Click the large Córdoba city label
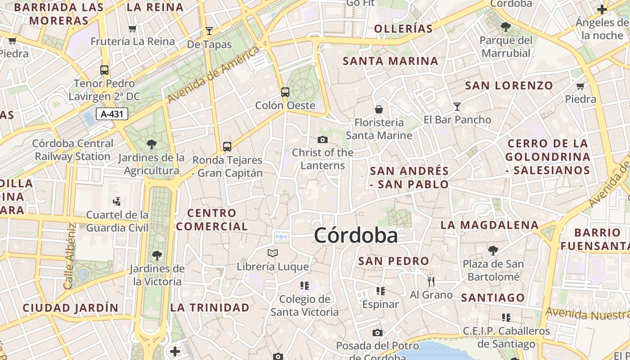[x=356, y=235]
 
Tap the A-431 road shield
[x=112, y=114]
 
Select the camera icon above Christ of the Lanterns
[x=322, y=139]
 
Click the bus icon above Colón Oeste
[x=285, y=92]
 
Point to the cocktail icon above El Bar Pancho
[x=457, y=107]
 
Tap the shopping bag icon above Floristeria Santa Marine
[x=378, y=109]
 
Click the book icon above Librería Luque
[x=273, y=253]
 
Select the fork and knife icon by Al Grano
[x=431, y=282]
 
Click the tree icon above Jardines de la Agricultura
[x=151, y=144]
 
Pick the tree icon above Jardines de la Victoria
[x=157, y=256]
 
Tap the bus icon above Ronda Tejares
[x=227, y=147]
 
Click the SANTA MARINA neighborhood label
[x=390, y=61]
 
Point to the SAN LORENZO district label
[x=509, y=85]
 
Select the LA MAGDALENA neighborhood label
[x=490, y=225]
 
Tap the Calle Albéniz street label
[x=69, y=256]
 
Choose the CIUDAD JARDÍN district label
[x=71, y=308]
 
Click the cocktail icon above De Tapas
[x=209, y=31]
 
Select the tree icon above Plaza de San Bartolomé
[x=493, y=250]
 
